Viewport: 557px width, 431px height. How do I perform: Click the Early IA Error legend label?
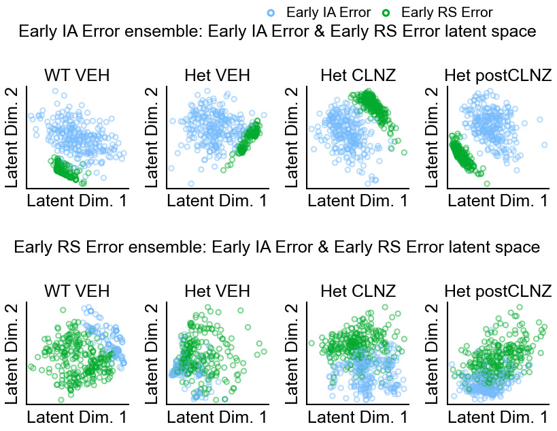point(328,12)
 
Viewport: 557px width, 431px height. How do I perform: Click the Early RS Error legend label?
point(447,12)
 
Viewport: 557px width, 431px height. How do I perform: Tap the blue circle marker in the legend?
point(271,12)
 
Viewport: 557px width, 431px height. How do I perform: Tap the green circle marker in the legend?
point(386,12)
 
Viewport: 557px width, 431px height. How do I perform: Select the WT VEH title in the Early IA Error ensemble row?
point(77,75)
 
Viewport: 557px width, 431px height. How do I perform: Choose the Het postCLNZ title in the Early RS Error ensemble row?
point(498,291)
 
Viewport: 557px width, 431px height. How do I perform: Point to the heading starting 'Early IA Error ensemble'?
point(277,31)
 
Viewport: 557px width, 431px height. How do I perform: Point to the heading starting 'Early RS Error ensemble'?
point(277,247)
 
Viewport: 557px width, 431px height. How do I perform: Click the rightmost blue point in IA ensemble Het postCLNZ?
point(545,145)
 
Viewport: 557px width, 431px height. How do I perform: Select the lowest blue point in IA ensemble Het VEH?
point(191,183)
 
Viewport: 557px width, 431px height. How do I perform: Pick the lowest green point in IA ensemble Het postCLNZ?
point(487,183)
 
